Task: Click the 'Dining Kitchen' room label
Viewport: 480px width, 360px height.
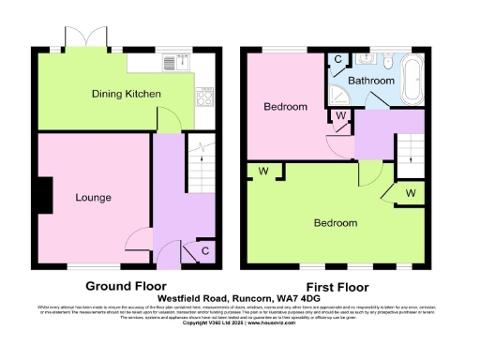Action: pos(126,95)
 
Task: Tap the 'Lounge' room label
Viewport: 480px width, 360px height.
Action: pos(94,198)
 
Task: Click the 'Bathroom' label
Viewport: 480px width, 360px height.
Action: pos(371,82)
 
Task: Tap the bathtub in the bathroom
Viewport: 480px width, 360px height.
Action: pos(413,82)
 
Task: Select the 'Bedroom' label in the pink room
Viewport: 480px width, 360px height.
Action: pos(285,107)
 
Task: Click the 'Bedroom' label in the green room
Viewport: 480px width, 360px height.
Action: pos(335,223)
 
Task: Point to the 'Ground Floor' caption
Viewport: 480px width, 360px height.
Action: pos(126,286)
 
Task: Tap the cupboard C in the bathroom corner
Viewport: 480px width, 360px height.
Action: pos(338,58)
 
